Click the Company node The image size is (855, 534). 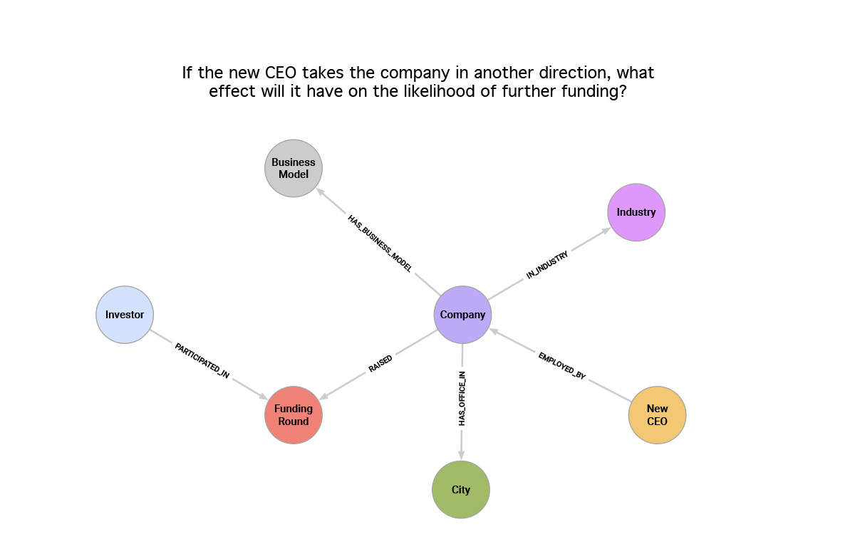point(462,315)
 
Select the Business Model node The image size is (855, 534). point(294,168)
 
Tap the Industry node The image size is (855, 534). point(636,212)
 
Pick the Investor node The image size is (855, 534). point(125,315)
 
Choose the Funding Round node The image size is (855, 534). point(294,415)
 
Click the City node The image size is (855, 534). point(461,490)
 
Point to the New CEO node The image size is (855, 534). point(657,415)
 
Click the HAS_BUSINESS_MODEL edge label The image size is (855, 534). point(380,244)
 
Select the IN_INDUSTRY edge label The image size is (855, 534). point(547,265)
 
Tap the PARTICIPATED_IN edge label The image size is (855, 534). point(202,360)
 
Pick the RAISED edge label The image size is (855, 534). point(380,364)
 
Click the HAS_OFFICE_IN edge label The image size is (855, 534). point(462,399)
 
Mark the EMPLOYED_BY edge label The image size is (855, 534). point(562,366)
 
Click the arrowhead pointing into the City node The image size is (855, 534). point(461,455)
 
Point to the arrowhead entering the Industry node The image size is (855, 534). point(606,230)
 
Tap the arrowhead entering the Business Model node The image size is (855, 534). point(320,191)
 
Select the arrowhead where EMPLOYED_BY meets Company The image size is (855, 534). point(494,330)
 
